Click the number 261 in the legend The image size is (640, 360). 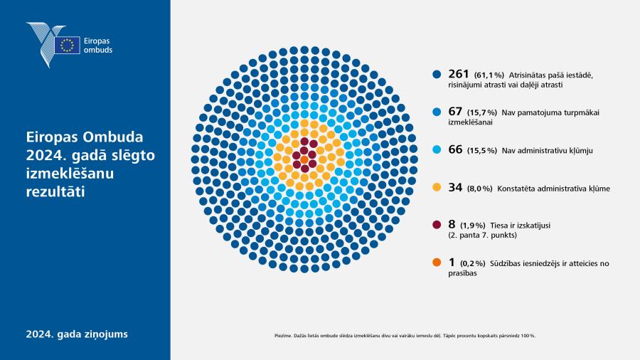click(x=459, y=74)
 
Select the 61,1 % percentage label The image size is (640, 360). click(x=489, y=75)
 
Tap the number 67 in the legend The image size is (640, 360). click(x=455, y=112)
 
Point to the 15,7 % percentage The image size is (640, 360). click(x=482, y=112)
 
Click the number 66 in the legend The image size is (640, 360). click(x=455, y=149)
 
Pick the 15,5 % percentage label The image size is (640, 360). click(x=482, y=151)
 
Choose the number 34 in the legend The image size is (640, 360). click(x=455, y=187)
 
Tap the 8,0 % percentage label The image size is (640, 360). click(x=479, y=189)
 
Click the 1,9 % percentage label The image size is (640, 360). click(x=473, y=226)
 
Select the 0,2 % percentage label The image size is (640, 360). click(x=473, y=264)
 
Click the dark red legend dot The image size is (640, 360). click(x=437, y=225)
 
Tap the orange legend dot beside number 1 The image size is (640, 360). click(x=437, y=263)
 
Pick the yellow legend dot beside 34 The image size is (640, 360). click(x=437, y=187)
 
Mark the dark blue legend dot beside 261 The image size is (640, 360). click(x=437, y=74)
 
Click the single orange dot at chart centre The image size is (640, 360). click(x=304, y=159)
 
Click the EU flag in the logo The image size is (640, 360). click(x=68, y=46)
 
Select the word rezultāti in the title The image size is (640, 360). click(x=55, y=192)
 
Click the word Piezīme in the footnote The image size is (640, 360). click(x=283, y=336)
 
